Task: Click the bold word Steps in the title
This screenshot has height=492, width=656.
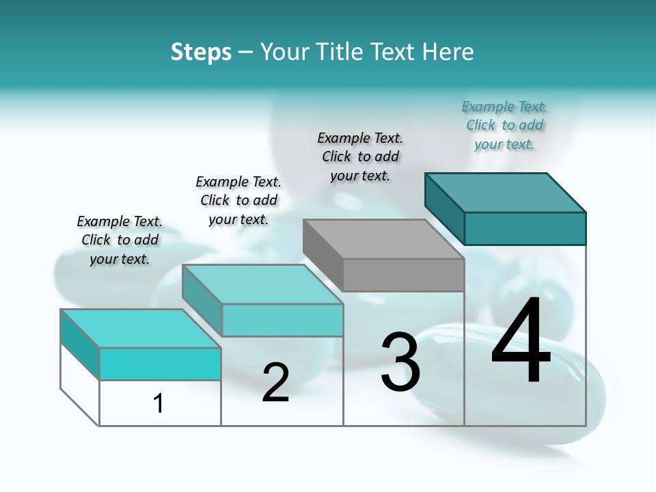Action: point(201,53)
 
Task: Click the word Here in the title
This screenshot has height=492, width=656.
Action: point(448,52)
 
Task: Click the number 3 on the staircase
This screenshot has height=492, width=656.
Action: point(400,361)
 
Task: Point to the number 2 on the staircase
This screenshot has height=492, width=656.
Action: point(275,382)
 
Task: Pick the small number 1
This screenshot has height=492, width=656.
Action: point(159,403)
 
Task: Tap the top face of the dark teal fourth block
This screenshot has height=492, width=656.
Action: point(506,193)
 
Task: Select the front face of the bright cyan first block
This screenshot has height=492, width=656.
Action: point(160,364)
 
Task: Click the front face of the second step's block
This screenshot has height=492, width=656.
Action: point(282,320)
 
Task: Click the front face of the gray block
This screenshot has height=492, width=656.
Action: point(403,275)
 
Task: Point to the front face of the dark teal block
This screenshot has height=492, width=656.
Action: point(525,228)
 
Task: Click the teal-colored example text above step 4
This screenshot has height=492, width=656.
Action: point(504,126)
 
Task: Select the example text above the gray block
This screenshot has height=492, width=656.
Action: point(360,156)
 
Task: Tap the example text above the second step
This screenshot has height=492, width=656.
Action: point(238,200)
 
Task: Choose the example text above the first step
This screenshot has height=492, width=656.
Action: point(120,240)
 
